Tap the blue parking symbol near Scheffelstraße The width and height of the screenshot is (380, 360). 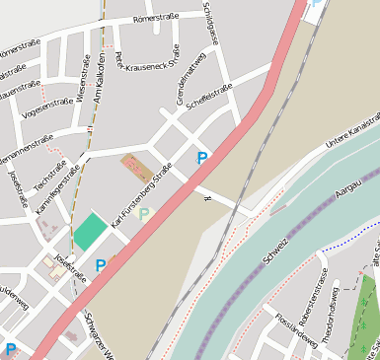click(202, 158)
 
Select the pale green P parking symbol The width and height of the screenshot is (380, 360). click(144, 213)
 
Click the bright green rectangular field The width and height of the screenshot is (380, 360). click(90, 234)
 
